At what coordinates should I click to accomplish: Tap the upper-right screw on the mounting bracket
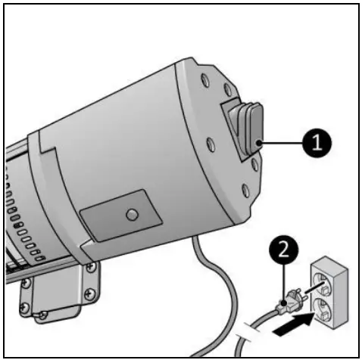click(92, 265)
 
